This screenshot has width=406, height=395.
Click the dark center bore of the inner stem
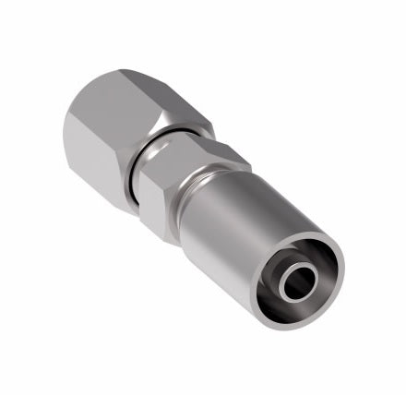[298, 282]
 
